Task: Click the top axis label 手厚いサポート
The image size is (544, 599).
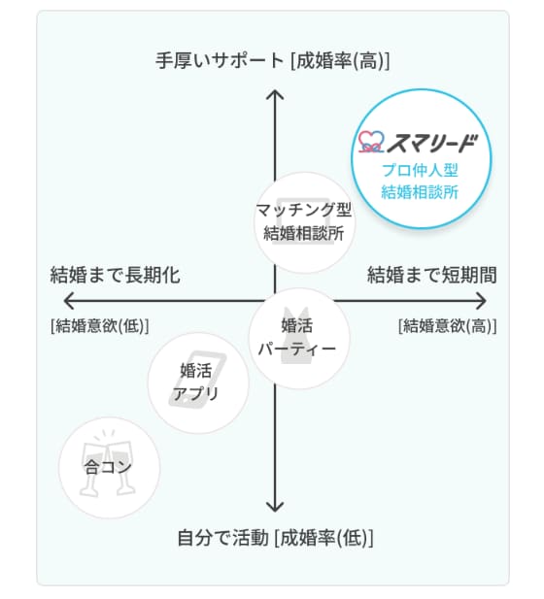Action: pos(220,61)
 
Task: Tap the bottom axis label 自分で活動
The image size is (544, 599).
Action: pos(222,538)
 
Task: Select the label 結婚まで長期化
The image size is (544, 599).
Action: pos(115,275)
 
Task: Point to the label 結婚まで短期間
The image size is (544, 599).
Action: pos(432,275)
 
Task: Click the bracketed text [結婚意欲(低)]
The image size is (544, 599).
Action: pos(99,326)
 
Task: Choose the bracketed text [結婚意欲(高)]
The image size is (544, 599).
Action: pos(447,326)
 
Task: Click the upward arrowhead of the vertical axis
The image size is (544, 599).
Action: pos(275,94)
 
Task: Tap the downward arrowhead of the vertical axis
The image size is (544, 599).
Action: pos(275,507)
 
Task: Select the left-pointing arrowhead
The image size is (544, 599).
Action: pos(68,301)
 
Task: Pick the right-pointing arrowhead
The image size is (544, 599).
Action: pos(482,301)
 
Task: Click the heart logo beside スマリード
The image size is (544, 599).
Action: pos(371,142)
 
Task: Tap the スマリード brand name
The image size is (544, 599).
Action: pos(432,144)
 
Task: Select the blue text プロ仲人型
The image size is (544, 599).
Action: pos(420,170)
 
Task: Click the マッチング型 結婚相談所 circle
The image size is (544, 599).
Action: pos(304,222)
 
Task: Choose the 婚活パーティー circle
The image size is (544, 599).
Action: pos(299,339)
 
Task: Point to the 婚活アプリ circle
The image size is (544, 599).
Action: pos(198,383)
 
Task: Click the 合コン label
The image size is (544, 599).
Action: pos(108,467)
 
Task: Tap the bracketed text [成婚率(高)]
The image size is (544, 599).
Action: pos(340,61)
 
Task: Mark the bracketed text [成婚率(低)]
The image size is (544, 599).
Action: pos(323,538)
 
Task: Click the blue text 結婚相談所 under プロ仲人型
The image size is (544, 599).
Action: pos(420,192)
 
